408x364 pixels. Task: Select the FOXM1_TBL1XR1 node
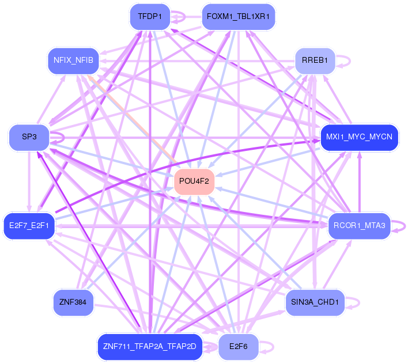238,17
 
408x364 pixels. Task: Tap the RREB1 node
314,60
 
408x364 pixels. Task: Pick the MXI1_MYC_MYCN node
359,138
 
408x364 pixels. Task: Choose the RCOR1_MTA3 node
359,225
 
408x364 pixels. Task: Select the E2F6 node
238,347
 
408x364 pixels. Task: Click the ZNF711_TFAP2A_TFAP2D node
149,347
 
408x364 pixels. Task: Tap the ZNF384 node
72,302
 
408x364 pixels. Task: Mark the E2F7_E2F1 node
29,225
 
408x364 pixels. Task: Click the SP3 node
29,138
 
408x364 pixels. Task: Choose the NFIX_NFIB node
73,60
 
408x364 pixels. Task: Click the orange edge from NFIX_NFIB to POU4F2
136,118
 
